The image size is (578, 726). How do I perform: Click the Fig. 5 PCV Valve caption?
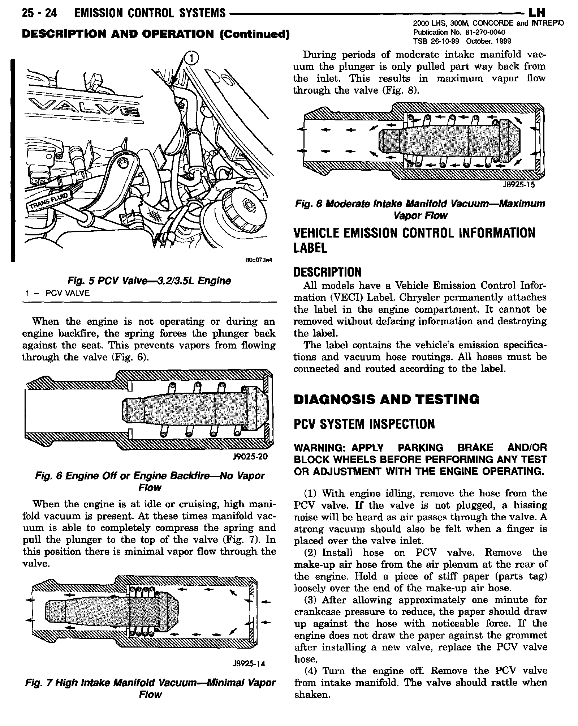(x=149, y=281)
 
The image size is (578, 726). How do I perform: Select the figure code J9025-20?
(x=250, y=457)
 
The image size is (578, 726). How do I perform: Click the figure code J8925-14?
(x=249, y=664)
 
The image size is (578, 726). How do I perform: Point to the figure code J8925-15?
(x=519, y=185)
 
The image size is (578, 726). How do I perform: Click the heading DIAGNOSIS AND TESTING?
(x=386, y=400)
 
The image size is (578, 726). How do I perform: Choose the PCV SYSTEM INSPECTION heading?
(x=364, y=424)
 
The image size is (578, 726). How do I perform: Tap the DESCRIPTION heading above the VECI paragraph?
(x=327, y=272)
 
